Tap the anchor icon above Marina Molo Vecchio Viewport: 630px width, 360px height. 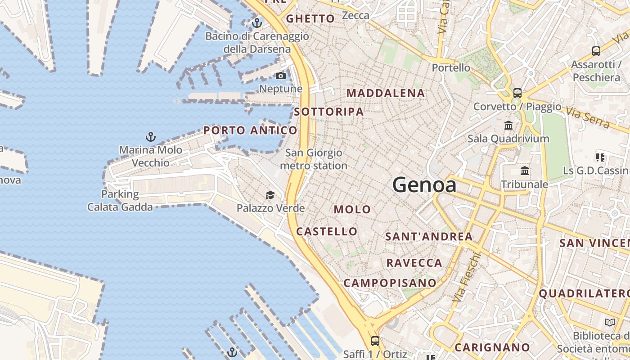[x=150, y=136]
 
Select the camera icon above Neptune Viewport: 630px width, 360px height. [x=281, y=76]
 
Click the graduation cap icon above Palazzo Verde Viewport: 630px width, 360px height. [x=270, y=195]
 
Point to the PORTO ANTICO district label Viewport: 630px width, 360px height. [x=250, y=130]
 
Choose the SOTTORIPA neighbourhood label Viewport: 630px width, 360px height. [x=329, y=112]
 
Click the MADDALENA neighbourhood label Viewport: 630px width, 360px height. [x=386, y=93]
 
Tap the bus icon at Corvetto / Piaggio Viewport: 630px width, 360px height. [x=517, y=93]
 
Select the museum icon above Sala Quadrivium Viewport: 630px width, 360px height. [x=508, y=125]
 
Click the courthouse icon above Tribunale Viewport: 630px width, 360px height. [x=525, y=171]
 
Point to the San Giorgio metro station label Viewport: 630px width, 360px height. [x=314, y=159]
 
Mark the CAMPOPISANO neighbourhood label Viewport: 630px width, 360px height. [x=390, y=283]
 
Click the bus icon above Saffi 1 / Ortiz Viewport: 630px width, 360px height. [x=375, y=341]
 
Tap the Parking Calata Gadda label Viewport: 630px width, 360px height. [x=120, y=201]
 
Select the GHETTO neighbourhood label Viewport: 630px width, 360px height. [x=310, y=18]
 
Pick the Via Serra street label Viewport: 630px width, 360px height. [x=588, y=117]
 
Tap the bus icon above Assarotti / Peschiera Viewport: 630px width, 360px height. [x=596, y=51]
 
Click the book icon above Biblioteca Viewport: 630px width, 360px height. [x=610, y=323]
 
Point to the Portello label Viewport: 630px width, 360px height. [x=451, y=68]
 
